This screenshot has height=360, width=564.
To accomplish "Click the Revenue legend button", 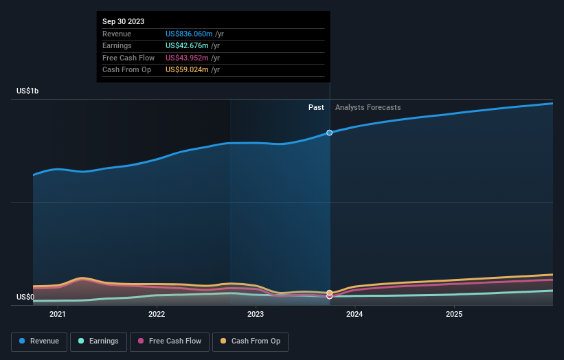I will (x=39, y=341).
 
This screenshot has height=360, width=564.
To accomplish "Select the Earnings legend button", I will (x=98, y=341).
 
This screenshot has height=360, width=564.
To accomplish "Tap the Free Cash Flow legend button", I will (x=169, y=341).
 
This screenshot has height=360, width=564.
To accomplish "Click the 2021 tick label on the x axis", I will (x=58, y=315).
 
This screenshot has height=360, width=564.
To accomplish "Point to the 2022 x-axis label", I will (x=157, y=315).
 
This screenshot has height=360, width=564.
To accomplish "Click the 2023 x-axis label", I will (x=256, y=315).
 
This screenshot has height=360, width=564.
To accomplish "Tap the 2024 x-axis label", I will (x=354, y=315).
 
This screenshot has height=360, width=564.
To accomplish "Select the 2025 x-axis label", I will (x=453, y=315).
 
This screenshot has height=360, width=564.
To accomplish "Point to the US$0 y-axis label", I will (x=25, y=297).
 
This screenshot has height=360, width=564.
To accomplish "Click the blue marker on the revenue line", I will (x=330, y=133).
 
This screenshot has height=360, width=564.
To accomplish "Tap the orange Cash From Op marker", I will (x=330, y=293).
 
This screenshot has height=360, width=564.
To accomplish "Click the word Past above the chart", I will (x=316, y=108).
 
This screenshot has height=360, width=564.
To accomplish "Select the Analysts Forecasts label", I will (x=368, y=108).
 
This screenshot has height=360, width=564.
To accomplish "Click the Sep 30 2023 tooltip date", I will (x=124, y=22).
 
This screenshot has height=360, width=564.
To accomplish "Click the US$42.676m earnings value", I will (x=188, y=46).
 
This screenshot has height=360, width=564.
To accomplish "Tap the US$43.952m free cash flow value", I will (x=188, y=58).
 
